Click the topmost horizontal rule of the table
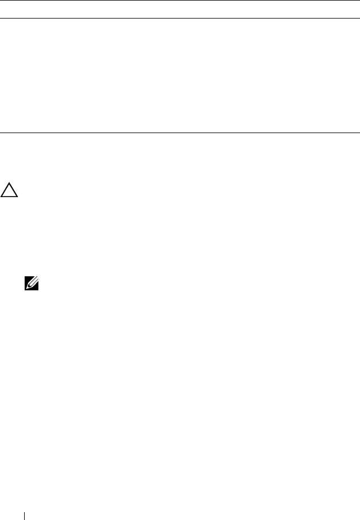point(180,1)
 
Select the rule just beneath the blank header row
point(180,18)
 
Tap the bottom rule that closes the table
point(180,133)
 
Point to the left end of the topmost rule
point(1,1)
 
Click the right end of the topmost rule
point(359,1)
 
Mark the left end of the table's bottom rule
point(1,133)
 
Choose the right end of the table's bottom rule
point(359,133)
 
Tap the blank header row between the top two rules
point(180,10)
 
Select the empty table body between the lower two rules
point(180,75)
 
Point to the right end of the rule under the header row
point(359,18)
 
